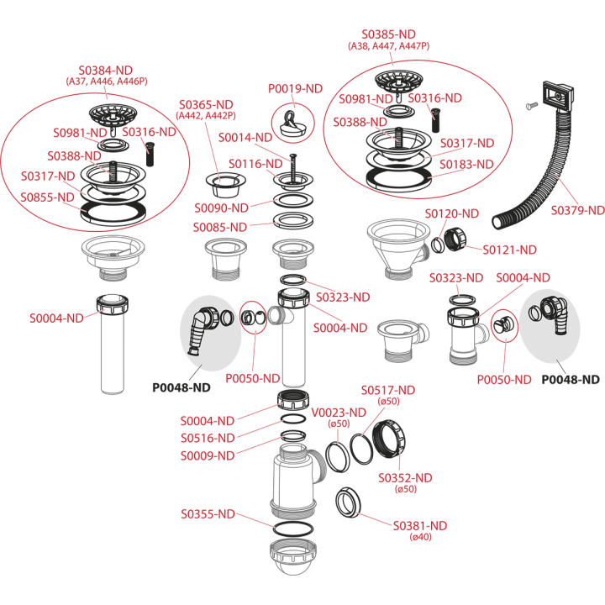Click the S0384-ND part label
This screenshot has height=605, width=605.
(x=106, y=71)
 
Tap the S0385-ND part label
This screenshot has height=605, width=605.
(x=388, y=34)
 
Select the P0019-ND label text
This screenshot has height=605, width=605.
(x=295, y=89)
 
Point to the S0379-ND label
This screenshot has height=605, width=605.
(x=577, y=210)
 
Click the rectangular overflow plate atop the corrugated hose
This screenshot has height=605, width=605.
(x=558, y=95)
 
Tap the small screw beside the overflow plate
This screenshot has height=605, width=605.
(x=532, y=105)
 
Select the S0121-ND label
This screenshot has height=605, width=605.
(x=510, y=250)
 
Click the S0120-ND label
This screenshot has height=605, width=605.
(x=452, y=213)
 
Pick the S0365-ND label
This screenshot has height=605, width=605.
(x=206, y=104)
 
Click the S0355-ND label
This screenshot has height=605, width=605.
(x=208, y=514)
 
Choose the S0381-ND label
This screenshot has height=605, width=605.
(x=420, y=525)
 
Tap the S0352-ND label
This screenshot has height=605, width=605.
(x=405, y=477)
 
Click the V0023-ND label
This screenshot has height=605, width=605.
(x=339, y=413)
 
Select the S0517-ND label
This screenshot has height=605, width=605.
(x=388, y=390)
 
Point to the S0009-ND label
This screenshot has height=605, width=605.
(x=208, y=455)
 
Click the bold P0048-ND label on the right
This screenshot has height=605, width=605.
(x=571, y=380)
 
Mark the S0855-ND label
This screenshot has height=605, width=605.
(x=47, y=197)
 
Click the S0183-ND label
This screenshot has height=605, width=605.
(x=467, y=165)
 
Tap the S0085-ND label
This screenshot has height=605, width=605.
(x=220, y=227)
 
